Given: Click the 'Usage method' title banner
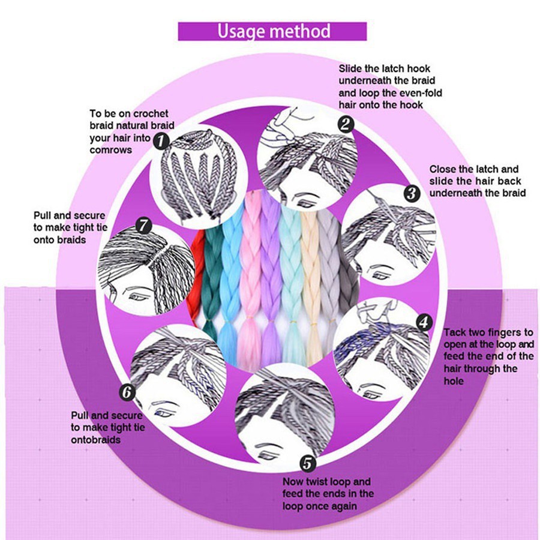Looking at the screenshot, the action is [x=272, y=31].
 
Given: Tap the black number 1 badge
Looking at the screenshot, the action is [x=161, y=141].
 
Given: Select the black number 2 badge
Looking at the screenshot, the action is [x=346, y=124].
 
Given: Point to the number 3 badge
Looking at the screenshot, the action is [x=412, y=194].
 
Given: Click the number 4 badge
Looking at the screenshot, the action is [x=424, y=322].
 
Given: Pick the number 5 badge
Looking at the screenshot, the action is [x=308, y=464].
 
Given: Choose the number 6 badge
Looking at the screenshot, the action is [x=127, y=392].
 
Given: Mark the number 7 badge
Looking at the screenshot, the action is [x=143, y=226].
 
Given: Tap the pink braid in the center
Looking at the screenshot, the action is [x=251, y=275].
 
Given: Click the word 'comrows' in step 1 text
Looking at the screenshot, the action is [x=111, y=150].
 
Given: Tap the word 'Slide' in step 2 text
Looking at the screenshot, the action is [x=350, y=68].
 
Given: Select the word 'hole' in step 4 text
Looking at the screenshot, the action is [x=454, y=381].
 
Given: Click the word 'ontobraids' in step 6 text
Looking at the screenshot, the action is [x=96, y=440].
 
